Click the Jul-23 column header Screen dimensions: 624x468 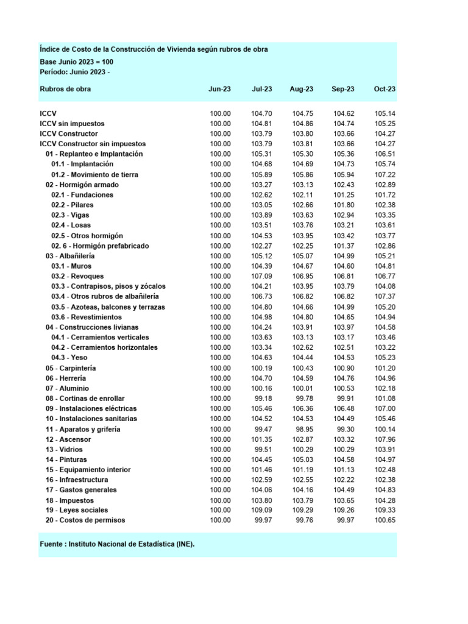tap(261, 89)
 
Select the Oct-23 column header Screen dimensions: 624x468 tap(385, 89)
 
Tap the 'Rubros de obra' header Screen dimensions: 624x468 tap(65, 89)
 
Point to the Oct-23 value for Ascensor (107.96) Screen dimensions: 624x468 tap(385, 439)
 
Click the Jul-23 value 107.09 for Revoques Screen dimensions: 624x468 tap(261, 276)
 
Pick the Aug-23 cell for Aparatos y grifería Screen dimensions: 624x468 tap(303, 429)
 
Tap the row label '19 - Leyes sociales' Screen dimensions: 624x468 tap(76, 510)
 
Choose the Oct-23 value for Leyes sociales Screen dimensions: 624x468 tap(385, 510)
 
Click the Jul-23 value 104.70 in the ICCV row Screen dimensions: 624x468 tap(261, 113)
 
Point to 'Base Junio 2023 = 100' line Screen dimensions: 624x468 tap(76, 62)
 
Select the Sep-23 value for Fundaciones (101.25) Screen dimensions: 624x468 tap(344, 195)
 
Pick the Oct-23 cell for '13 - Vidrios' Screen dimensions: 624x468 tap(385, 449)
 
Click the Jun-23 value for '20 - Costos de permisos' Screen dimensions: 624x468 tap(220, 520)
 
